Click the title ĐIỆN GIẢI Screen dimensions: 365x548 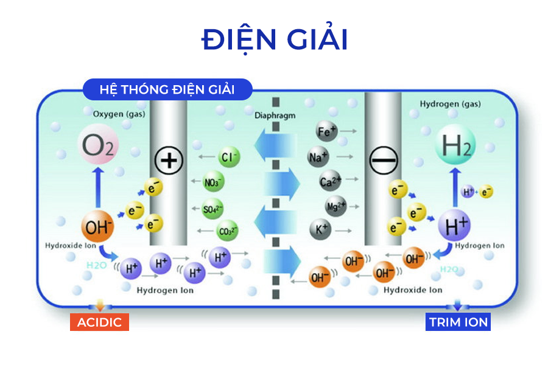pyautogui.click(x=275, y=40)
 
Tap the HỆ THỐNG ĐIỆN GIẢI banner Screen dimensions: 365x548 pyautogui.click(x=167, y=89)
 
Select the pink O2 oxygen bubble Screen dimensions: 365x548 pyautogui.click(x=97, y=147)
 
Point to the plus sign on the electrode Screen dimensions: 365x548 pyautogui.click(x=168, y=161)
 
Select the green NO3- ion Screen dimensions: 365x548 pyautogui.click(x=214, y=181)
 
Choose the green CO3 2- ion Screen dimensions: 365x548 pyautogui.click(x=228, y=231)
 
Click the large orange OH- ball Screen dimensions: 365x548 pyautogui.click(x=98, y=228)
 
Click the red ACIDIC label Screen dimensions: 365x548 pyautogui.click(x=99, y=322)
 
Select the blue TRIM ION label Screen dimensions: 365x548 pyautogui.click(x=458, y=322)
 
